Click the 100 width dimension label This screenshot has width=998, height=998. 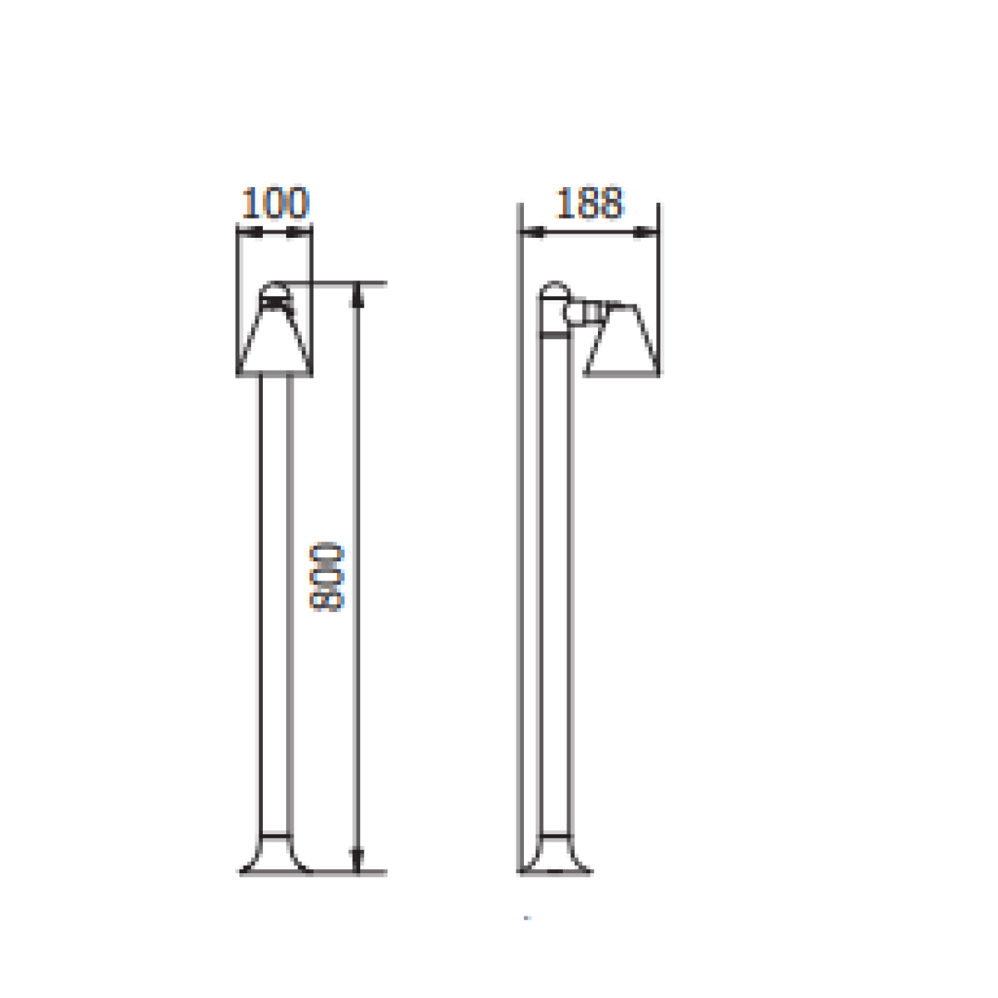(x=275, y=202)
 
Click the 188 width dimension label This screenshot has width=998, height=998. (x=590, y=202)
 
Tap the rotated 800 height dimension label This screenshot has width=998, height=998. (x=326, y=577)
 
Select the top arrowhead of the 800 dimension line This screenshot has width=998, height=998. (x=357, y=295)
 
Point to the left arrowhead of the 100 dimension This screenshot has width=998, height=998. (x=249, y=233)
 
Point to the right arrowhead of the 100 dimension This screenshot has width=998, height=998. (x=299, y=233)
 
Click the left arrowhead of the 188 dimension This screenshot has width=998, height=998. (x=533, y=233)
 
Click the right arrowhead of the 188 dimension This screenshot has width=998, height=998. (x=645, y=233)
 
